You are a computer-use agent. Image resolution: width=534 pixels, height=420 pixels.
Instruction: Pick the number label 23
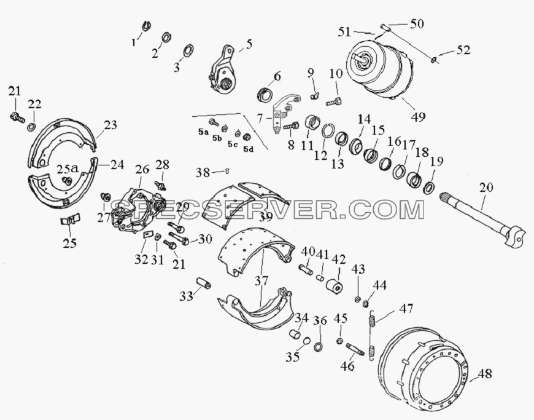click(x=110, y=125)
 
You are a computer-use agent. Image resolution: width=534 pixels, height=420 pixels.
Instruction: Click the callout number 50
click(x=417, y=23)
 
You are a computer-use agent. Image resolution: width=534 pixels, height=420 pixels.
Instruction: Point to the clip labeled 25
click(x=70, y=219)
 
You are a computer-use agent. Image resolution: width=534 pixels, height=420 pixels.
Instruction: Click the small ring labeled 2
click(x=166, y=37)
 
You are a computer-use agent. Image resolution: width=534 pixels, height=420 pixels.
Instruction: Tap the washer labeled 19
click(x=430, y=188)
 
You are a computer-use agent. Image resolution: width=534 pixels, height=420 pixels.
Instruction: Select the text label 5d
click(x=248, y=149)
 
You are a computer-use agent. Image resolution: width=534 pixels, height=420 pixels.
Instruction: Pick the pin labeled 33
click(x=204, y=283)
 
